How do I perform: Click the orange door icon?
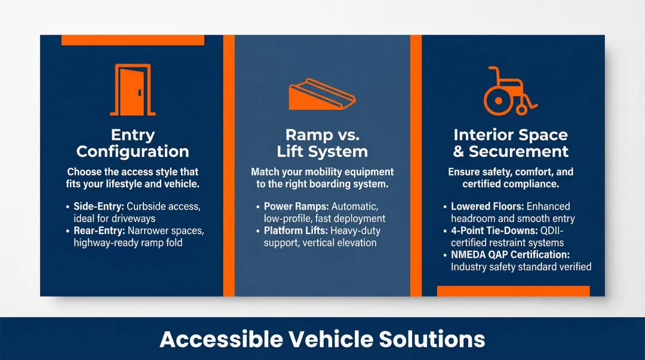pyautogui.click(x=133, y=90)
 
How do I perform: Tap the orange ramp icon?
pyautogui.click(x=321, y=94)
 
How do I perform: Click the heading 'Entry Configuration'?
pyautogui.click(x=133, y=143)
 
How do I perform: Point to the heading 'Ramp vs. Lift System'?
pyautogui.click(x=322, y=143)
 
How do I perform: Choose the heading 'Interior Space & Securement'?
pyautogui.click(x=511, y=143)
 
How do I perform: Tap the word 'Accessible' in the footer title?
pyautogui.click(x=220, y=339)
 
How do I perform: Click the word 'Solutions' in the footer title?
pyautogui.click(x=432, y=339)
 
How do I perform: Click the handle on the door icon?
pyautogui.click(x=139, y=93)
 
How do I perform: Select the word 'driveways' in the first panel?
pyautogui.click(x=134, y=219)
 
